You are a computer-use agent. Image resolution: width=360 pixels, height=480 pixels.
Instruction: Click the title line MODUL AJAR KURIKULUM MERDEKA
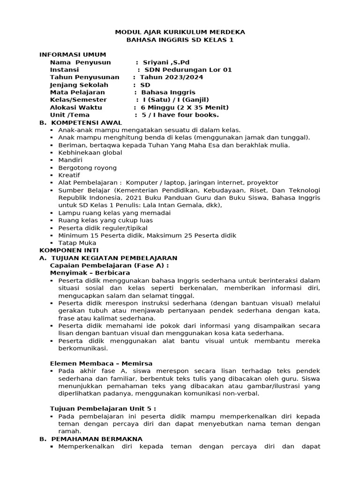(x=180, y=32)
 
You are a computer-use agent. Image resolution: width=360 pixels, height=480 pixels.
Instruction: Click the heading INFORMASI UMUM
(x=73, y=55)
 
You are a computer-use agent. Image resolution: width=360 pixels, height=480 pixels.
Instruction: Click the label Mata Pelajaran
(x=77, y=92)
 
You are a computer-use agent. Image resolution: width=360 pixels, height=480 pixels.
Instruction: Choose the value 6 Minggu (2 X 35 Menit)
(x=179, y=107)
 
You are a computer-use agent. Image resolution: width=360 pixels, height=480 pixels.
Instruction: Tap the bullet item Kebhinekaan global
(x=90, y=152)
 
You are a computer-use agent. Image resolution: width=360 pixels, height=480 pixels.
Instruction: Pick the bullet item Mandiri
(x=70, y=160)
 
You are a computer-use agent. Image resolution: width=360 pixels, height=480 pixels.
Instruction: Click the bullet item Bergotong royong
(x=88, y=167)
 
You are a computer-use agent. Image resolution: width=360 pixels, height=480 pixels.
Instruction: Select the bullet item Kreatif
(x=69, y=175)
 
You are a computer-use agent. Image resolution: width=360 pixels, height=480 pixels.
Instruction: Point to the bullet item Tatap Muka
(x=77, y=243)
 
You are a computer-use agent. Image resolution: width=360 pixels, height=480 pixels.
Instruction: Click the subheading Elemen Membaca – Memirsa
(x=101, y=363)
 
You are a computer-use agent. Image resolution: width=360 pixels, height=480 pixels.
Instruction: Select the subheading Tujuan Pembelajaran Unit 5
(x=103, y=408)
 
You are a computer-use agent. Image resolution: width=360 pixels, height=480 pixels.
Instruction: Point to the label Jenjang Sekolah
(x=79, y=85)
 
